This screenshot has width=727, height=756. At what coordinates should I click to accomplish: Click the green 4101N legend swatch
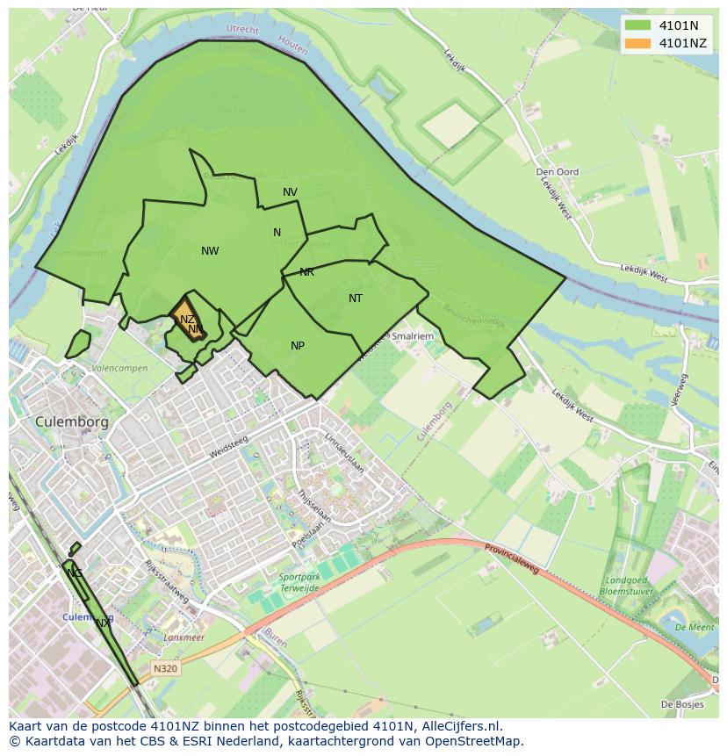tap(638, 25)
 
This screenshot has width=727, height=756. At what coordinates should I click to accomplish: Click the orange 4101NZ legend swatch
tap(638, 43)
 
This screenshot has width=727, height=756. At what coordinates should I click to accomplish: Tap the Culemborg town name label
tap(72, 422)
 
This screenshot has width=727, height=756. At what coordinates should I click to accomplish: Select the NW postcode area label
tap(210, 251)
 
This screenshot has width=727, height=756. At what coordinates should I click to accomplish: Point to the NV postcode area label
tap(290, 192)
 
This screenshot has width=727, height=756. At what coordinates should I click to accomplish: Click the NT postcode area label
tap(356, 299)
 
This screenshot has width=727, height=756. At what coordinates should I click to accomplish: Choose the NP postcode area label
tap(298, 346)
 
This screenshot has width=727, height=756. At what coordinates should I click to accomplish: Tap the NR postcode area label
tap(306, 272)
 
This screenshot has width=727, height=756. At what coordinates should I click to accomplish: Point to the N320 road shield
tap(165, 669)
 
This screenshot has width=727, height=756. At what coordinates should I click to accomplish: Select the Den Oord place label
tap(558, 172)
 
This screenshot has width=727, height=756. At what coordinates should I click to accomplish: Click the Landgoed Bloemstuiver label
tap(626, 586)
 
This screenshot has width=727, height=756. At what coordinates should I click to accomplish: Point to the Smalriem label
tap(413, 335)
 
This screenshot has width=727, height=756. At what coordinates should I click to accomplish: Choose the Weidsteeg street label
tap(229, 448)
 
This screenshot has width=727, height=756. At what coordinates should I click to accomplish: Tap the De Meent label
tap(695, 628)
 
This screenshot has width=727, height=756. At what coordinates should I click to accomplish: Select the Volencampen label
tap(119, 369)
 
